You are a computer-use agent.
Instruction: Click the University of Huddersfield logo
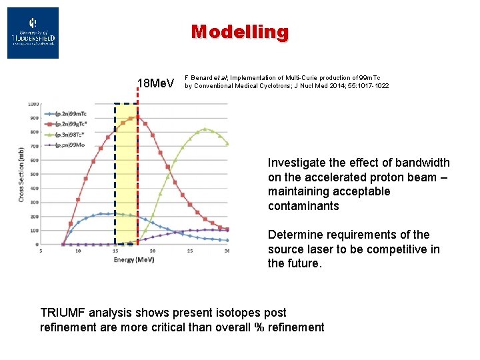[33, 33]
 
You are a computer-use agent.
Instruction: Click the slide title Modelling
[239, 31]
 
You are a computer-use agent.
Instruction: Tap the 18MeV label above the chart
[155, 83]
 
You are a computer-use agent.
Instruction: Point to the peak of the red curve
[137, 117]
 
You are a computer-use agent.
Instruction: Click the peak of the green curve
[205, 129]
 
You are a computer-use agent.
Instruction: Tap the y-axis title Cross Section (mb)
[21, 175]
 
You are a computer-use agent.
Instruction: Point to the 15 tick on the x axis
[115, 251]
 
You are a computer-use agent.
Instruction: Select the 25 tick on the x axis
[190, 251]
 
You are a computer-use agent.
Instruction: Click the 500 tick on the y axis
[33, 174]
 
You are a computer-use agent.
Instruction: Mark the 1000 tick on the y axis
[33, 104]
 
